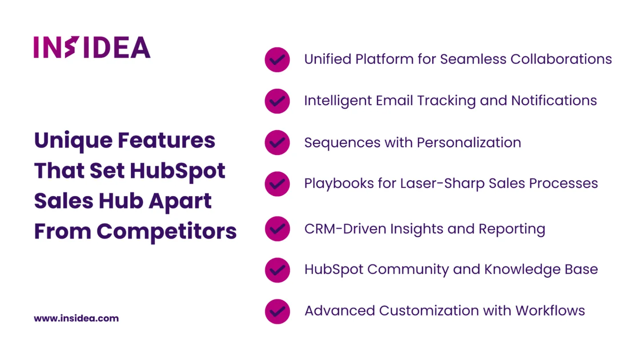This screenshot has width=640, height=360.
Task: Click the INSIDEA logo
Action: click(92, 47)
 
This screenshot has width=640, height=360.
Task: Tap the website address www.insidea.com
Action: click(76, 318)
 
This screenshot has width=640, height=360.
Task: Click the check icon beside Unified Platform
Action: click(277, 60)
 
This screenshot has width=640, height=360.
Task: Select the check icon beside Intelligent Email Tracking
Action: click(277, 101)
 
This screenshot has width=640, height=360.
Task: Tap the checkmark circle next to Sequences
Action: click(277, 143)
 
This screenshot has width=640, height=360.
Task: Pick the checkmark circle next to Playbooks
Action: click(277, 184)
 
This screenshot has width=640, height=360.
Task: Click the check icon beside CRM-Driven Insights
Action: click(277, 229)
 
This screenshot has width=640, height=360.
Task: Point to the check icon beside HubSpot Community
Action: click(277, 270)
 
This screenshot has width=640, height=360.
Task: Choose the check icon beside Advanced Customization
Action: click(277, 312)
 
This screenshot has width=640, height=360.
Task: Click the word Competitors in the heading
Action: click(167, 232)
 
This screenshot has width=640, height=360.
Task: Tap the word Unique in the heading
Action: click(73, 141)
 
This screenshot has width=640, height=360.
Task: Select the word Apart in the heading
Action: click(180, 201)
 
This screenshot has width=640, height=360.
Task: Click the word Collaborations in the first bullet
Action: click(561, 59)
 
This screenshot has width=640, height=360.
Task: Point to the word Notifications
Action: click(554, 100)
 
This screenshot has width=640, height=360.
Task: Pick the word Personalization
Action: click(469, 143)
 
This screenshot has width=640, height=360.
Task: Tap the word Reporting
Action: click(512, 229)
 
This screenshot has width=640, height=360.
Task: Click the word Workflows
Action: click(550, 311)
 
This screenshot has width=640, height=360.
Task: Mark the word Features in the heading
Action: click(167, 140)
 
